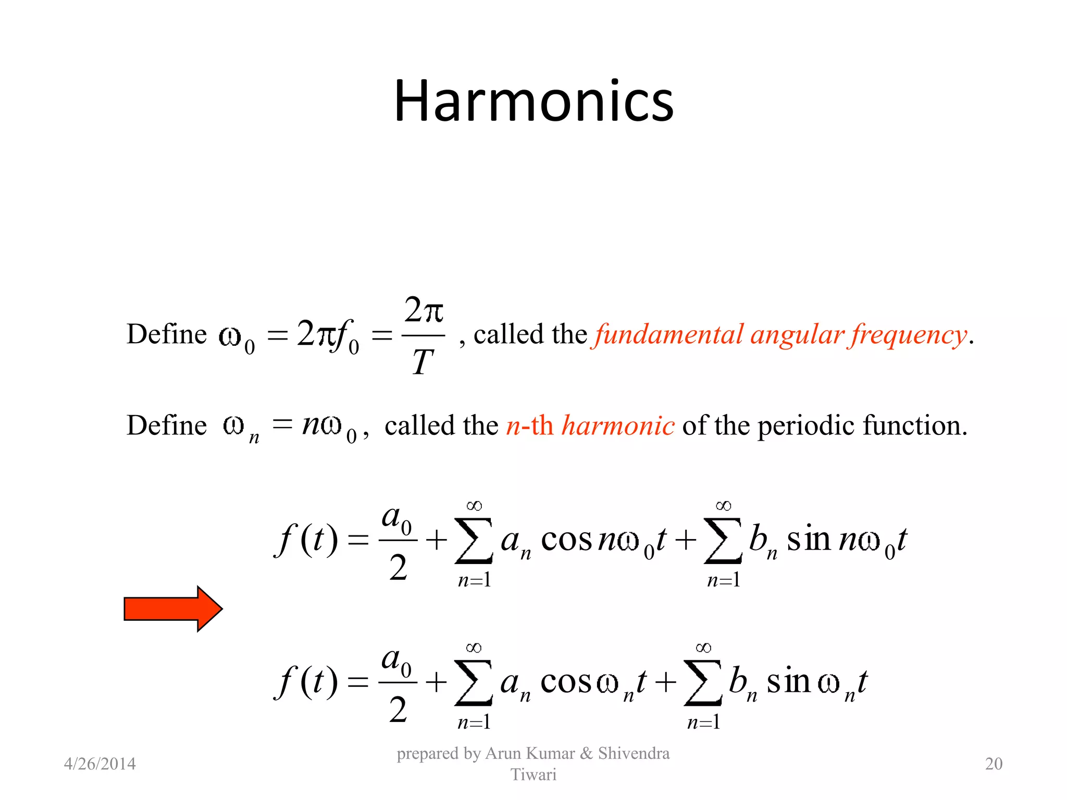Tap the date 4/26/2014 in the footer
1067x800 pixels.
(x=100, y=764)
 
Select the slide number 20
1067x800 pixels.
(x=994, y=764)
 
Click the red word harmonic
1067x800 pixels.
(x=618, y=426)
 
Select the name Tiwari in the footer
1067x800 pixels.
(x=533, y=774)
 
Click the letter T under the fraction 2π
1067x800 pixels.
(x=423, y=362)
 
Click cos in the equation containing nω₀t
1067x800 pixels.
(x=566, y=540)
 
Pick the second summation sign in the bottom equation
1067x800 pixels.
(x=703, y=683)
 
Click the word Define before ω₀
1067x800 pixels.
(x=167, y=334)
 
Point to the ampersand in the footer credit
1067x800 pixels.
(x=586, y=753)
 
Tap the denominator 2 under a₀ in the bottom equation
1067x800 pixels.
(x=398, y=709)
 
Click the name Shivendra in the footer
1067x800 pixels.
(x=634, y=753)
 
